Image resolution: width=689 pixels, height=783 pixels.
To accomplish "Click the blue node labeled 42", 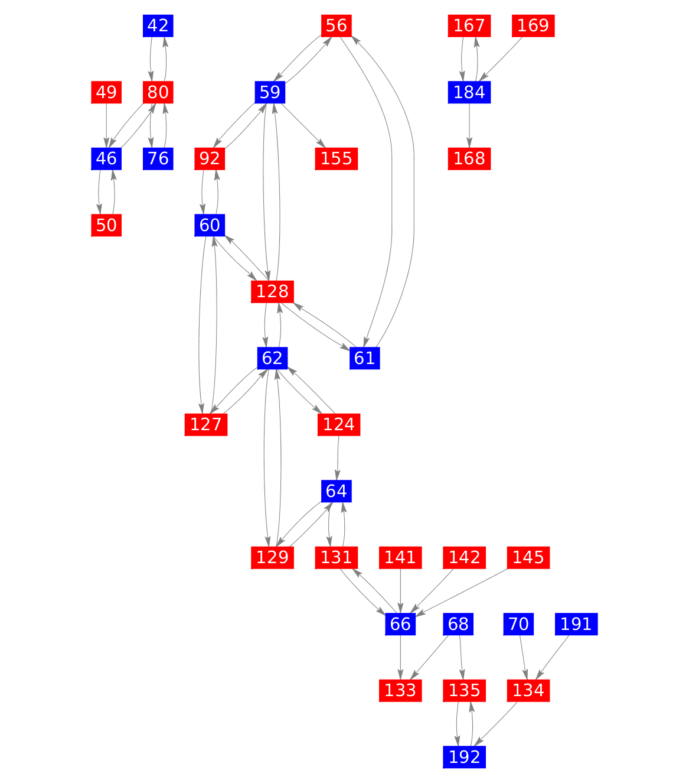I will point(158,26).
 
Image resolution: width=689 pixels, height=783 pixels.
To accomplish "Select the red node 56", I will point(337,26).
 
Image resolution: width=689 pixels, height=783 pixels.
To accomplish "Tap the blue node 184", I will point(469,92).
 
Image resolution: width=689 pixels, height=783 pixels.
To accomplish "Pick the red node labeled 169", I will point(533,26).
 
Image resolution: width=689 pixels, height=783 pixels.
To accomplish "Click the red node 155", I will point(337,158).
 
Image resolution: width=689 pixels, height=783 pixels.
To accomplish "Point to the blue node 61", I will point(364,358).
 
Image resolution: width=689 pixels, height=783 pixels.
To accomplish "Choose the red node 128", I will point(273,291).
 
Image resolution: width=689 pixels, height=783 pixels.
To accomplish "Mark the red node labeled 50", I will point(106,225).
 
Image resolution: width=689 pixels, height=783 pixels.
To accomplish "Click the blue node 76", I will point(158,158).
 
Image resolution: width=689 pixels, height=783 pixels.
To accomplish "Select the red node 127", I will point(206,424).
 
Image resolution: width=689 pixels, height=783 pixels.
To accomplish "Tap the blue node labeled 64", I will point(337,491).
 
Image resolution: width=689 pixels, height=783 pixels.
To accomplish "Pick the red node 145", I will point(528,557).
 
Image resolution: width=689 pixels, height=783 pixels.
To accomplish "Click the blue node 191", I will point(576,624).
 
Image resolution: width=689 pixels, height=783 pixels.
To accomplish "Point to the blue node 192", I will point(465,757).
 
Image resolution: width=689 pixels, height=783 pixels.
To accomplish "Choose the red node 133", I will point(400,690).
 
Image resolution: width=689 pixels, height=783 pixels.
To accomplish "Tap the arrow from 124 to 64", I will point(338,457).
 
